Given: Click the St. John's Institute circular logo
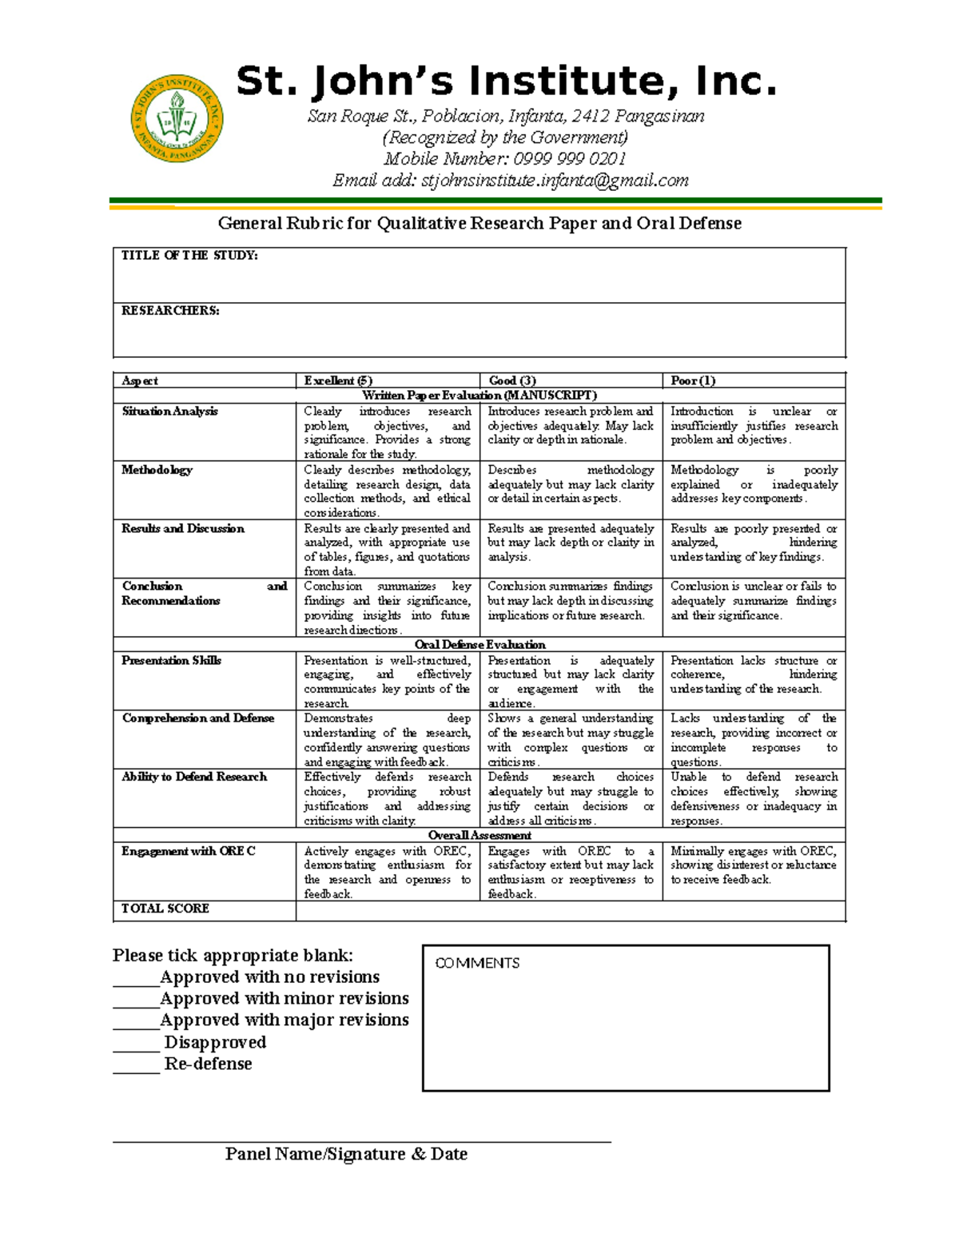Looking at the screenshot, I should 177,120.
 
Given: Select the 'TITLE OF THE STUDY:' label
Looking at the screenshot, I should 189,256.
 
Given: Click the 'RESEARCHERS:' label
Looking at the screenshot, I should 170,310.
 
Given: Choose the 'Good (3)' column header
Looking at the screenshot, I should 511,380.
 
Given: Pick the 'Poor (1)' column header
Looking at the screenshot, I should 693,380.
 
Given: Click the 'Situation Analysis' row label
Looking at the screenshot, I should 169,412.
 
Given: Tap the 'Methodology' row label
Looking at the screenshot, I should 157,470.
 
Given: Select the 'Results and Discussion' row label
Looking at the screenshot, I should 183,528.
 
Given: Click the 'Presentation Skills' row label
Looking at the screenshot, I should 171,660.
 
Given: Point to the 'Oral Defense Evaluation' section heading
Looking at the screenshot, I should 479,645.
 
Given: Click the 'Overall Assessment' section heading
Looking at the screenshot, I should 479,835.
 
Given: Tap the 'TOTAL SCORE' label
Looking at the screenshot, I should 165,909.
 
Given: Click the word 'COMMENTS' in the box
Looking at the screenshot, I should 477,963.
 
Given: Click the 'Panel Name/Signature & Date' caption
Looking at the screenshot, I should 346,1154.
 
